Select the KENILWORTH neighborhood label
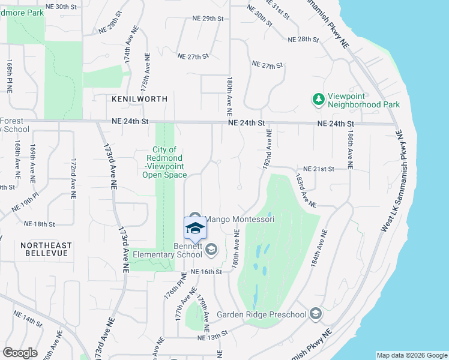coord(139,98)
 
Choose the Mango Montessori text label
coord(240,220)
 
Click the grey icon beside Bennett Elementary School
coord(211,249)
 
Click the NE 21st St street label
coord(318,170)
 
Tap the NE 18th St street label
coord(40,224)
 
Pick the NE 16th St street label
coord(206,272)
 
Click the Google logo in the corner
coord(20,353)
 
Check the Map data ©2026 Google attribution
coord(412,355)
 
